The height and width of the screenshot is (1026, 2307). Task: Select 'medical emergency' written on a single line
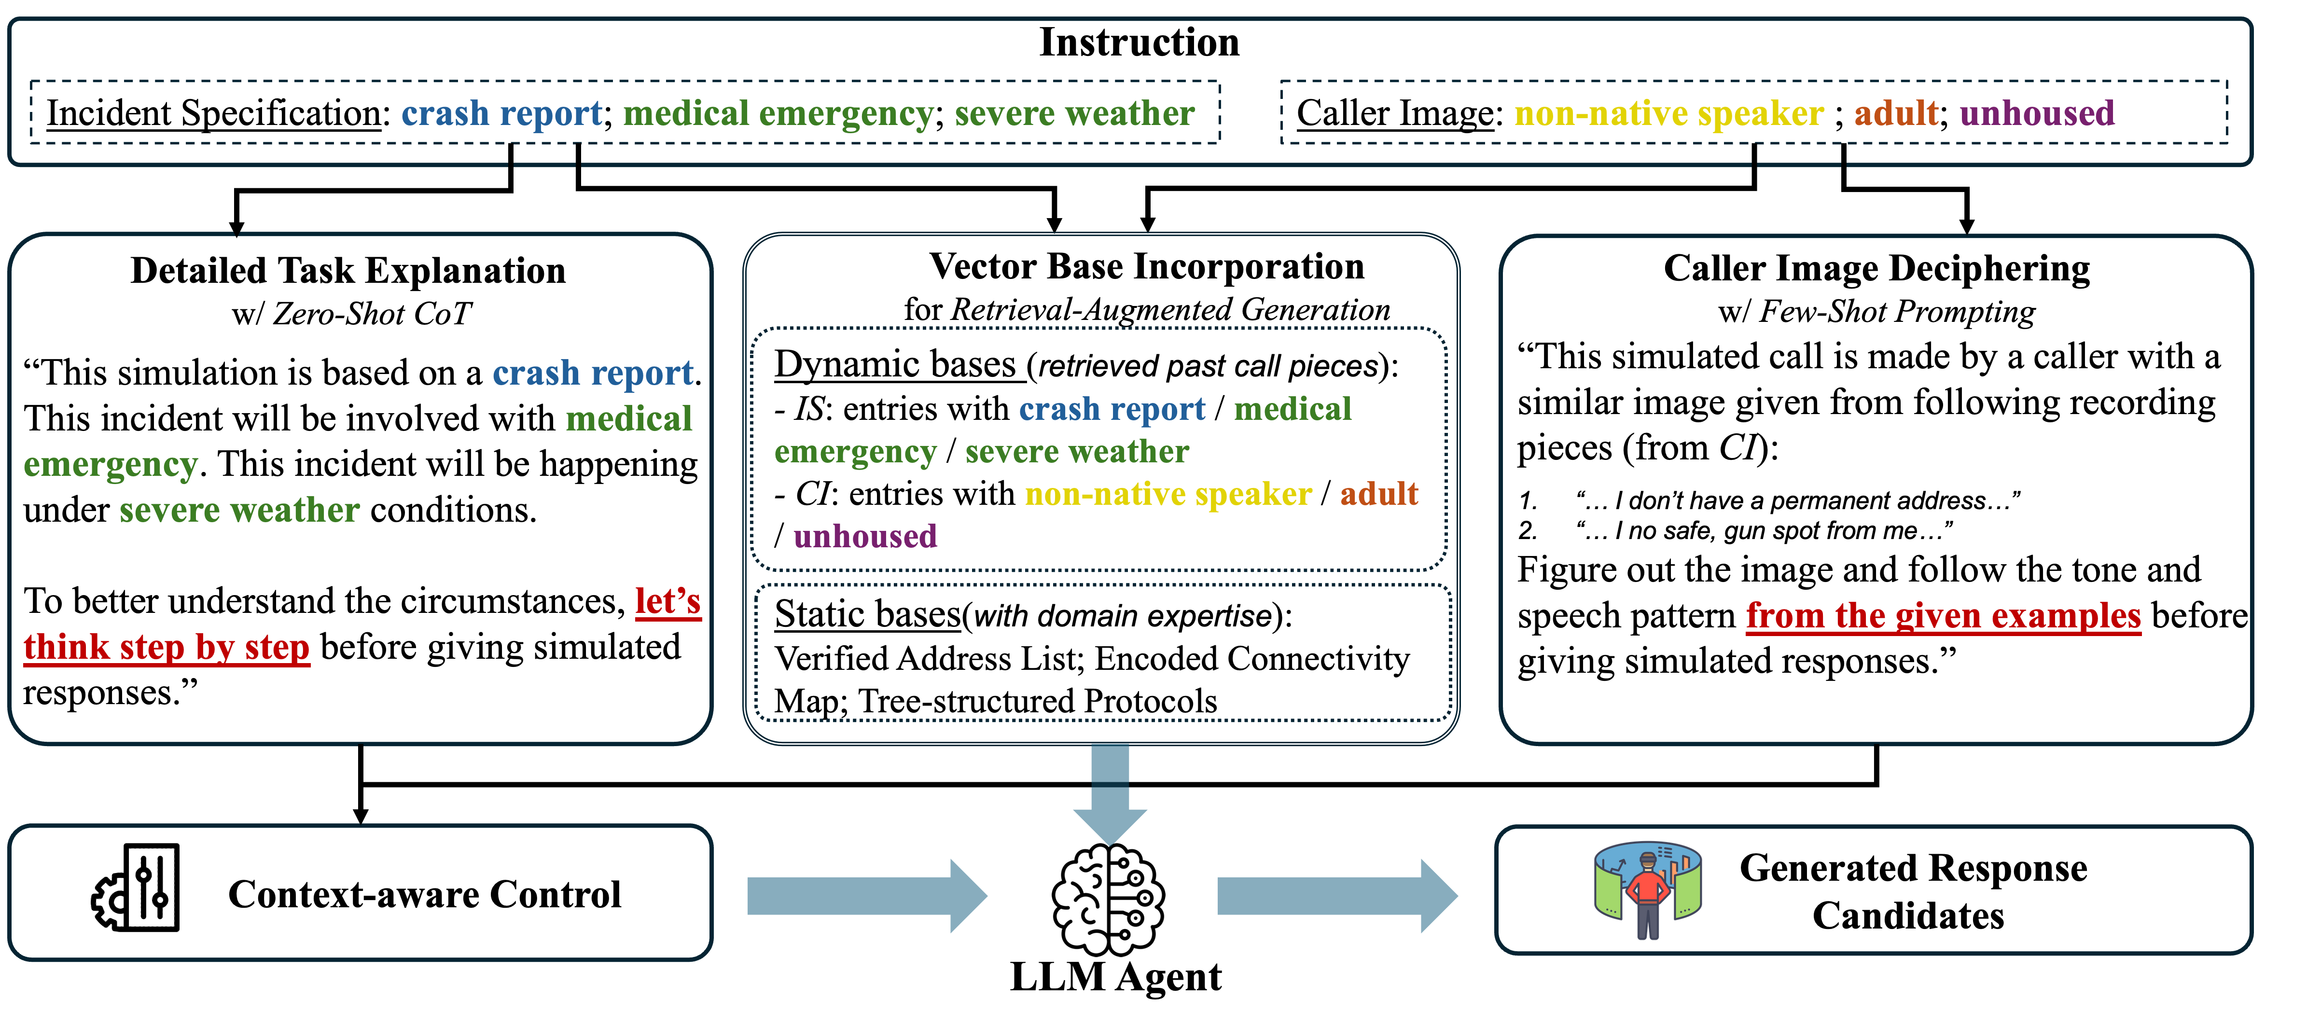778,114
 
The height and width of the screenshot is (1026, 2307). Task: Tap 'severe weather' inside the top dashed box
1074,114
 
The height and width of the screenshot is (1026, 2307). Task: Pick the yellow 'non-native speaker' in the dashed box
1668,114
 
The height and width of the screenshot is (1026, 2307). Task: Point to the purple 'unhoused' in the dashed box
2037,114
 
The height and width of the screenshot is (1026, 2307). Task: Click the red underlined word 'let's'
667,601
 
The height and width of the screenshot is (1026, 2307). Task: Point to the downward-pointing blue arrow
1110,795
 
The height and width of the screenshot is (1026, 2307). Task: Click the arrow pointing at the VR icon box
1336,896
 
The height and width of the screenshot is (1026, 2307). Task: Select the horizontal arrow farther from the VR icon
866,896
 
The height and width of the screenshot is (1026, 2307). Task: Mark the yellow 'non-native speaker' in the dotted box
1168,494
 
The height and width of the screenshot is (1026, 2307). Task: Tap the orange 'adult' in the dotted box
1378,494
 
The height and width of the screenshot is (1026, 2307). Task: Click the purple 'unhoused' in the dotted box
865,536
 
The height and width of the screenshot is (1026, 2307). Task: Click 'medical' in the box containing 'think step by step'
629,419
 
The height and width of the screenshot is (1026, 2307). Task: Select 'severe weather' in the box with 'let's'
239,510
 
